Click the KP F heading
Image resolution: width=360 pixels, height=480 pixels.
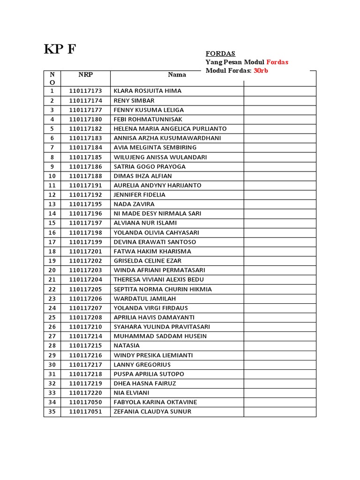point(60,50)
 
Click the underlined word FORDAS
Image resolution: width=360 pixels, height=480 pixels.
point(220,53)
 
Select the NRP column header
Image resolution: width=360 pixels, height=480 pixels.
point(85,74)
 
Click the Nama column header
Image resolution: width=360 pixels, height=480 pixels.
point(177,75)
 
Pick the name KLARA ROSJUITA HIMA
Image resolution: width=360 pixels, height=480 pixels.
point(147,91)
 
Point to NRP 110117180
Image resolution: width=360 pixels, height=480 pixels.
point(85,120)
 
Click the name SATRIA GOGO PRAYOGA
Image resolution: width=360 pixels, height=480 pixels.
point(150,166)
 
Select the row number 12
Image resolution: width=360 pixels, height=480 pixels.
point(52,195)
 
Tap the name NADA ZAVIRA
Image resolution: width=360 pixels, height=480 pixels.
point(134,204)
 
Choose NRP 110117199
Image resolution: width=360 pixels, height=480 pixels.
point(85,242)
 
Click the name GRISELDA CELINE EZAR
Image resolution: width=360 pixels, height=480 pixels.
point(147,261)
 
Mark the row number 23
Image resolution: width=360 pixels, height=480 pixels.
point(52,299)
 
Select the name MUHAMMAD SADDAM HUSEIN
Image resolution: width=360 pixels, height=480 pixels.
point(160,336)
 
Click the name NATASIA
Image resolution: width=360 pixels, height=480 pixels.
point(127,345)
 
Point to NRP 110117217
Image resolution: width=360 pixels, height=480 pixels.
point(85,365)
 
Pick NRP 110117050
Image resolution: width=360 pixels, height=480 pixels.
point(85,402)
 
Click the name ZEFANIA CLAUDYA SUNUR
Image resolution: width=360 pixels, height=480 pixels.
point(152,412)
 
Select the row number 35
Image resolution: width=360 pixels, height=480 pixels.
point(52,412)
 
